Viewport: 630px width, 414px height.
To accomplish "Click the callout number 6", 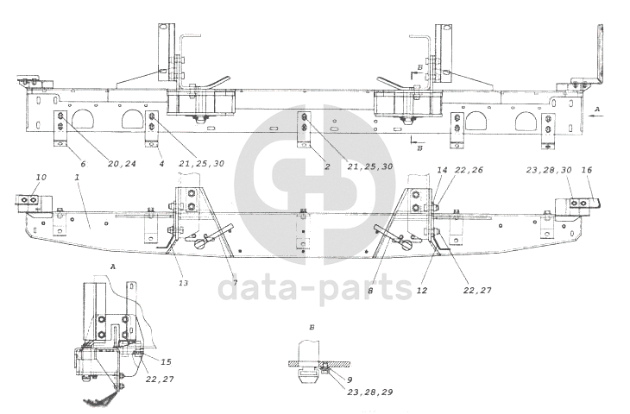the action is pyautogui.click(x=83, y=164).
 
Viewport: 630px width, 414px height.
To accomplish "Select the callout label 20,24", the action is pyautogui.click(x=123, y=164).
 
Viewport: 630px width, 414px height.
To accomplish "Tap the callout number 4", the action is pyautogui.click(x=161, y=164).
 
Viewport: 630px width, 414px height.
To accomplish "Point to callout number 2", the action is pyautogui.click(x=327, y=166).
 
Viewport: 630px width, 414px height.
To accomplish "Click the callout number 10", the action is pyautogui.click(x=41, y=177).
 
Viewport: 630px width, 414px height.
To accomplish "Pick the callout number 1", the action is pyautogui.click(x=77, y=177).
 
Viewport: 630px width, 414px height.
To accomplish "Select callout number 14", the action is pyautogui.click(x=442, y=170).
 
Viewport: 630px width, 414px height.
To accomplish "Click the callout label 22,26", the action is pyautogui.click(x=469, y=170).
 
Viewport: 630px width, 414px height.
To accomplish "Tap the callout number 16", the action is pyautogui.click(x=587, y=170).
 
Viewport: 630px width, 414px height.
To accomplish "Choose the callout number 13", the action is pyautogui.click(x=183, y=283).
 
